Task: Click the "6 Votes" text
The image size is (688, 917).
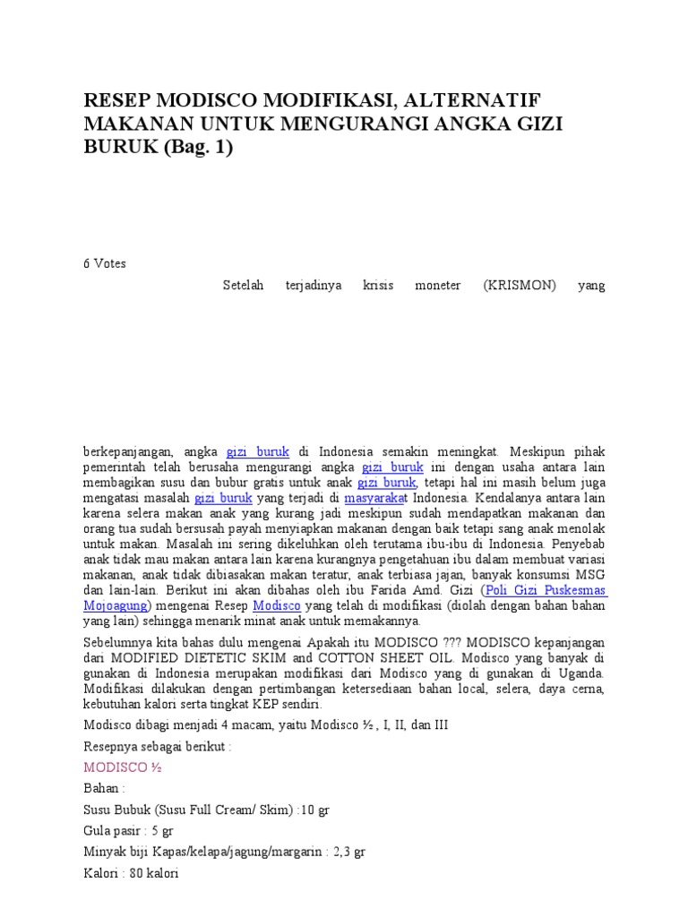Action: [105, 263]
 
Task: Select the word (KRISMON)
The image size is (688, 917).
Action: [520, 286]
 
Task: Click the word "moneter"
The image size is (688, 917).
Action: [437, 286]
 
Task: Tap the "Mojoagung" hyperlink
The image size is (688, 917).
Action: [116, 605]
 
